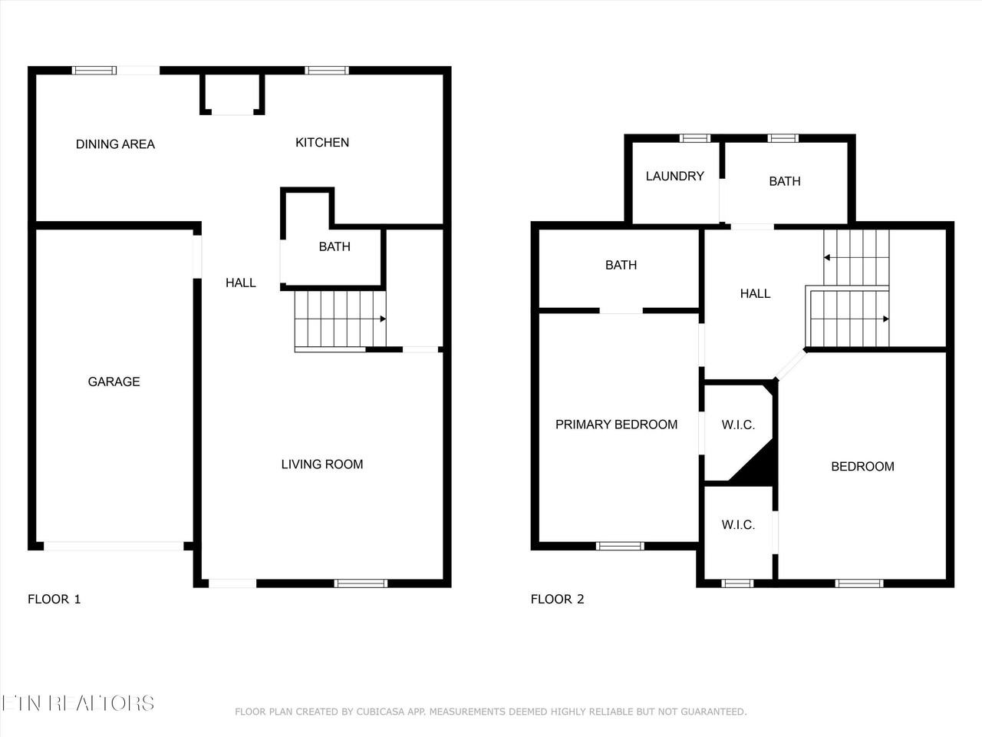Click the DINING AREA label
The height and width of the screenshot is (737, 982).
click(x=115, y=144)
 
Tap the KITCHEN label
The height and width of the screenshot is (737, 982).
click(x=322, y=142)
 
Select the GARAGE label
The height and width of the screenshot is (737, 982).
click(x=114, y=382)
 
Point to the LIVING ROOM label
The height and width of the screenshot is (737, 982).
click(x=322, y=464)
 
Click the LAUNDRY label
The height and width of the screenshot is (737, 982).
click(x=674, y=177)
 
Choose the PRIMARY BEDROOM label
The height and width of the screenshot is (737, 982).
click(x=617, y=425)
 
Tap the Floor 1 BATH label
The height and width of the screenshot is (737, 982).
click(x=334, y=246)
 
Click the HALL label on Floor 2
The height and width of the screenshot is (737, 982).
click(x=755, y=293)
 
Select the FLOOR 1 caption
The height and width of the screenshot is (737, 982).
click(x=54, y=599)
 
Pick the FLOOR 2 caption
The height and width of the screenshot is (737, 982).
click(x=558, y=599)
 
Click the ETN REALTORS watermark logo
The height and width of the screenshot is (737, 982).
click(x=77, y=703)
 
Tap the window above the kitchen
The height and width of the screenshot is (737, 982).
click(x=327, y=71)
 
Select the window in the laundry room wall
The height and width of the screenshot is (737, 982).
click(x=695, y=138)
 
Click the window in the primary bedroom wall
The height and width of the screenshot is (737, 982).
click(x=620, y=546)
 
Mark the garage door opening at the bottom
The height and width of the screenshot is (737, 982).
click(x=114, y=546)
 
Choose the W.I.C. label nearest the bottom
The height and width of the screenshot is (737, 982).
click(x=738, y=525)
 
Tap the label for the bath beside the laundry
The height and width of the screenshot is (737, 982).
click(x=785, y=181)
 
